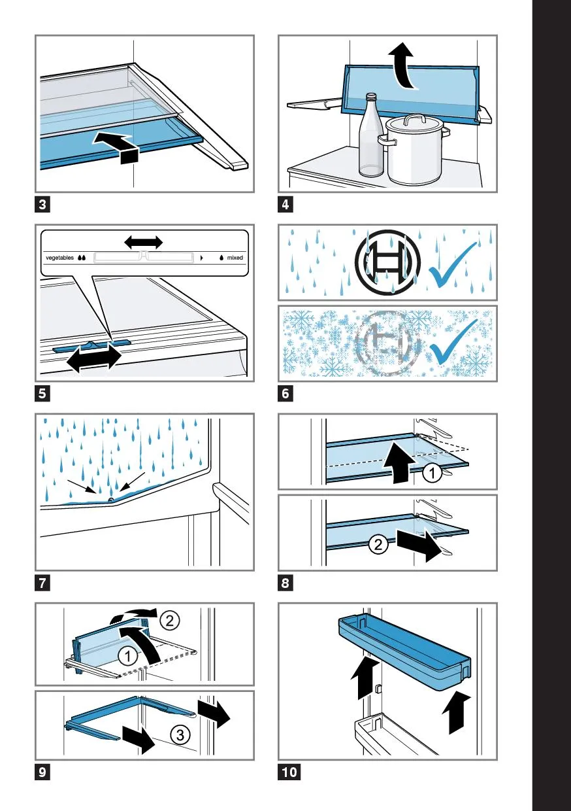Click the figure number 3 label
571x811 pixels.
pos(42,205)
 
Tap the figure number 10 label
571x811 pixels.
pos(289,772)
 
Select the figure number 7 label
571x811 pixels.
pos(42,583)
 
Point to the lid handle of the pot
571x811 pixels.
pos(414,119)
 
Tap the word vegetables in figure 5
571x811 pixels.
pos(59,258)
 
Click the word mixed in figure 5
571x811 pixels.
pos(235,258)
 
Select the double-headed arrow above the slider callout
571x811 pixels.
pos(144,241)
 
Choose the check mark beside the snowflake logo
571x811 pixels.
pos(455,342)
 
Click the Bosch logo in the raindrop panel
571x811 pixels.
pos(387,262)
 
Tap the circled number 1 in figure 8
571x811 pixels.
pos(432,473)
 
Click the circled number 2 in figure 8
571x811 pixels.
pos(378,544)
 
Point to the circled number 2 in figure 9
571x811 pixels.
pos(170,621)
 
